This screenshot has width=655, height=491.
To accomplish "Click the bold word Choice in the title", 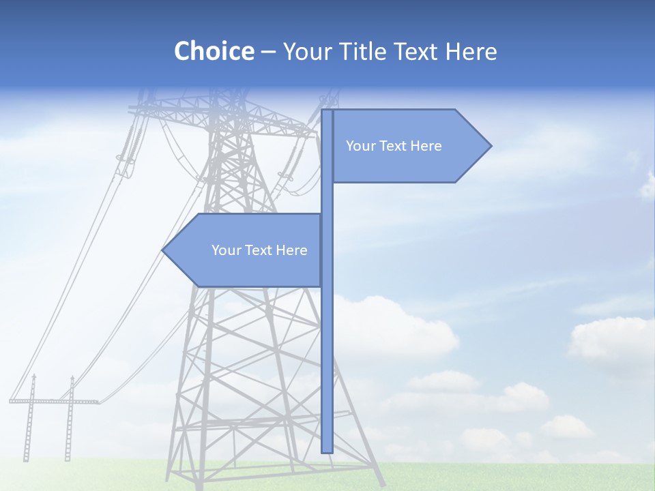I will pyautogui.click(x=214, y=51).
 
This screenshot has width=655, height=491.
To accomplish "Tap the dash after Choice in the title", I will pyautogui.click(x=268, y=52).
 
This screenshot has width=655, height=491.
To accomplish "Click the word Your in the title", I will pyautogui.click(x=306, y=51).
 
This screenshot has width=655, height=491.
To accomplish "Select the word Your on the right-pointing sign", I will pyautogui.click(x=360, y=146).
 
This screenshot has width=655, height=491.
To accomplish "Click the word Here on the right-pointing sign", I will pyautogui.click(x=426, y=146).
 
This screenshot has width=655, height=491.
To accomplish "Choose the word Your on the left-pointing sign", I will pyautogui.click(x=225, y=250).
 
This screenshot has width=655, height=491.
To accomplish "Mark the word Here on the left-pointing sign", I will pyautogui.click(x=292, y=250).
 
